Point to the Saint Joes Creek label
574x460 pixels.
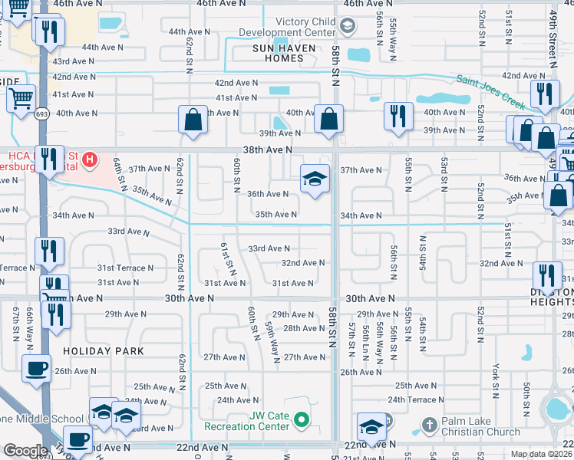click(x=491, y=90)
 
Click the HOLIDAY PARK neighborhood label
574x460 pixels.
click(x=103, y=351)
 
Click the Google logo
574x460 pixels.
click(x=25, y=452)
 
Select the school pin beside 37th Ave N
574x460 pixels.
click(x=315, y=179)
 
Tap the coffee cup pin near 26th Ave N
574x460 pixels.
click(x=37, y=368)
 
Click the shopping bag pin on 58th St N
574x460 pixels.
click(x=328, y=120)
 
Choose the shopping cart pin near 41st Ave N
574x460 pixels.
click(x=21, y=97)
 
